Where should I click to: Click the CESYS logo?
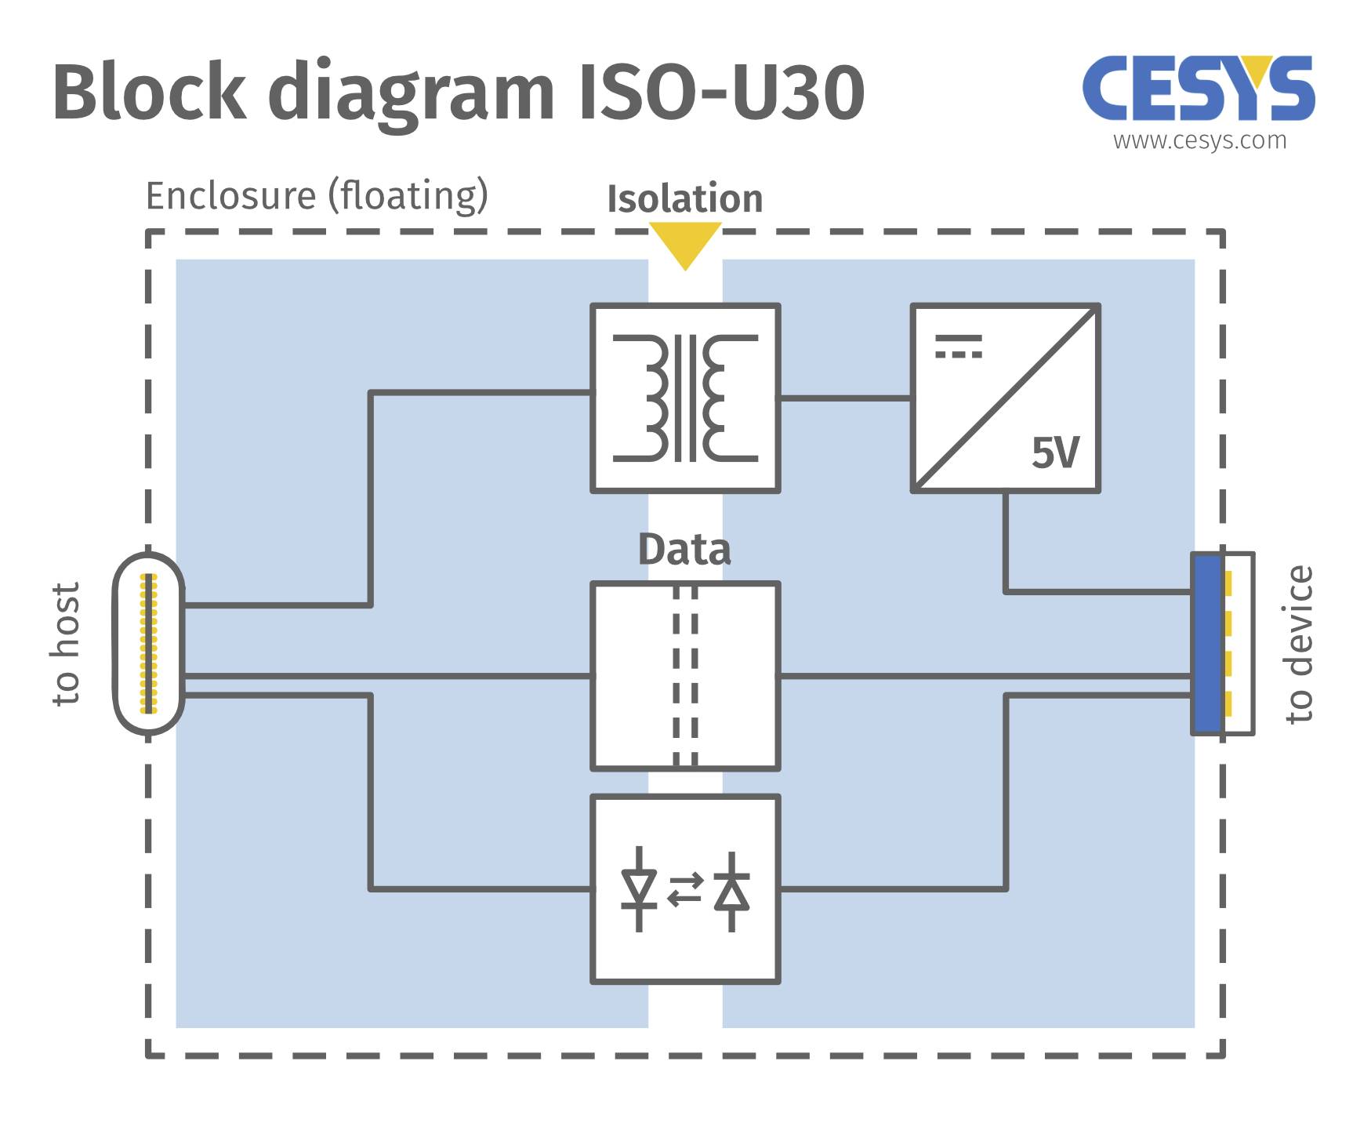pyautogui.click(x=1199, y=89)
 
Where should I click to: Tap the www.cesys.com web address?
pyautogui.click(x=1199, y=141)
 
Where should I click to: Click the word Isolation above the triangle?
pyautogui.click(x=684, y=198)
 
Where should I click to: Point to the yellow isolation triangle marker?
pyautogui.click(x=685, y=242)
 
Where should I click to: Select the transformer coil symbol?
pyautogui.click(x=685, y=398)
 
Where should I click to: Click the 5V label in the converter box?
pyautogui.click(x=1055, y=453)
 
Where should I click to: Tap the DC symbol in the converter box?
pyautogui.click(x=958, y=346)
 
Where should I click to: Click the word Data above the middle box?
pyautogui.click(x=684, y=550)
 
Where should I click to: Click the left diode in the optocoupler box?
pyautogui.click(x=639, y=889)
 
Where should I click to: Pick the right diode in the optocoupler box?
pyautogui.click(x=731, y=891)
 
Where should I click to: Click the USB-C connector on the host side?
pyautogui.click(x=149, y=643)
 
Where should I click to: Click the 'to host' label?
pyautogui.click(x=66, y=643)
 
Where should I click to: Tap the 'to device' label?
pyautogui.click(x=1299, y=643)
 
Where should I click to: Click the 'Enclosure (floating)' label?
pyautogui.click(x=317, y=195)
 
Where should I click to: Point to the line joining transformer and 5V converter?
pyautogui.click(x=845, y=398)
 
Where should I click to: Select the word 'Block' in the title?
pyautogui.click(x=149, y=93)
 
